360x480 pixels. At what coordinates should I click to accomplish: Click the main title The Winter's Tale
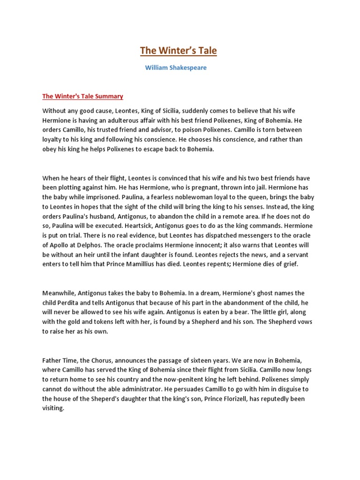tap(179, 50)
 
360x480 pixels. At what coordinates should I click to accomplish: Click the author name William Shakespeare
tap(176, 67)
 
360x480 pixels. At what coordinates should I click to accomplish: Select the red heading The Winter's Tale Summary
tap(82, 96)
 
